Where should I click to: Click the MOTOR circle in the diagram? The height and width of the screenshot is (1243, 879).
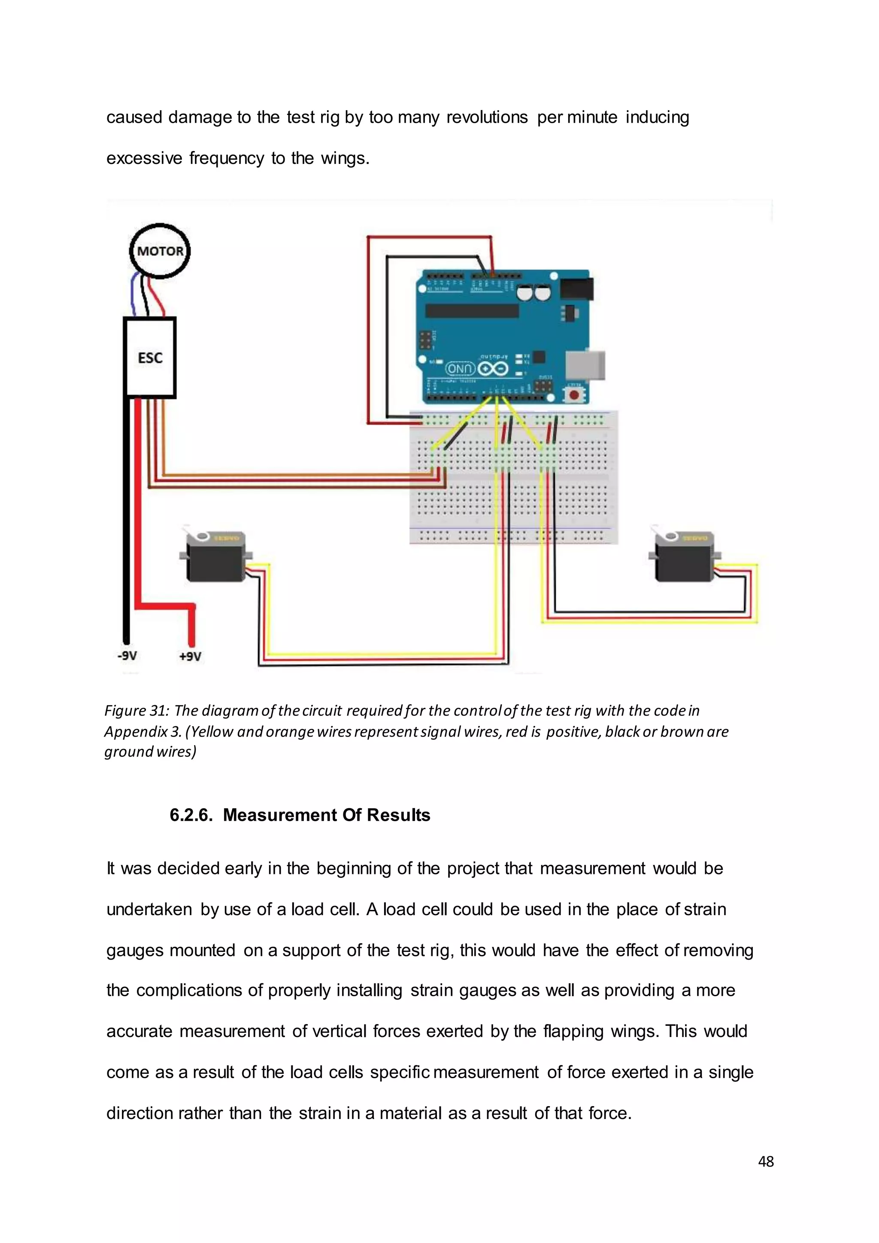(160, 251)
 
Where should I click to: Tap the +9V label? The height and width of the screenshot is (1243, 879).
(190, 657)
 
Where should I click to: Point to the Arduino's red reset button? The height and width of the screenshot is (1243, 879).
(574, 395)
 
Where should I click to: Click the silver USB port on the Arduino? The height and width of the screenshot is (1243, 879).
(585, 364)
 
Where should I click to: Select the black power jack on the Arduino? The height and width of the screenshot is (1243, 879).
(576, 288)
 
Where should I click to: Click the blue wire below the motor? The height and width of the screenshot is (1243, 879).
(133, 295)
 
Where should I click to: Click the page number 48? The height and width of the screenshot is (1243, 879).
(766, 1162)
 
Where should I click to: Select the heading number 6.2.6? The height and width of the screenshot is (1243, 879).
(191, 816)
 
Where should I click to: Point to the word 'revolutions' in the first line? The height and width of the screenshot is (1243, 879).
(487, 118)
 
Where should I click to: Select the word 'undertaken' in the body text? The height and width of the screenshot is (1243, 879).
(149, 910)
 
